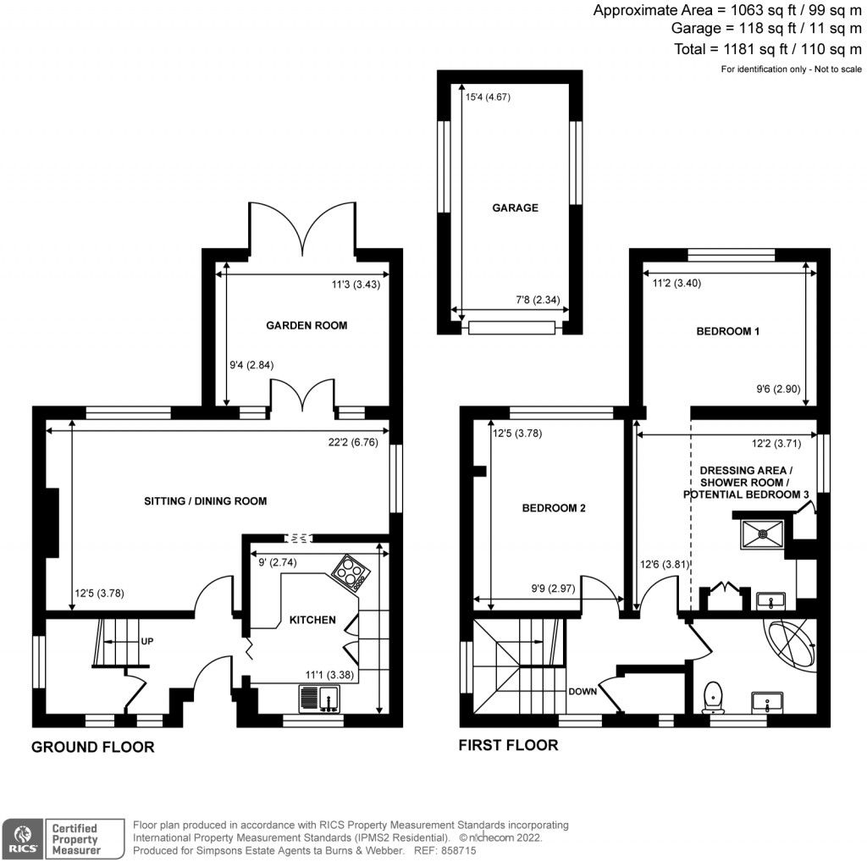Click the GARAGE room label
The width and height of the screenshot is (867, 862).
515,207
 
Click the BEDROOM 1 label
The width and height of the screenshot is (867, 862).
727,332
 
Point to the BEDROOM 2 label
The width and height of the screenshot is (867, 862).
554,508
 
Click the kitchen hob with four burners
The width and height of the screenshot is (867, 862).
351,573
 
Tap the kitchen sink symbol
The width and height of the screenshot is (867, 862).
319,699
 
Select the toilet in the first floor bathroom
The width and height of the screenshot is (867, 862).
714,695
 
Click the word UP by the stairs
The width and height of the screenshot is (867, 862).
146,642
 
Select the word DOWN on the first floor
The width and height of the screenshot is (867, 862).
583,690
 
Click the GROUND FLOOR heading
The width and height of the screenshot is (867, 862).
93,747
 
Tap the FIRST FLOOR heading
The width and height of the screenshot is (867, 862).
508,745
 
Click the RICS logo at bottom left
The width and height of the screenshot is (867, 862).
22,836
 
